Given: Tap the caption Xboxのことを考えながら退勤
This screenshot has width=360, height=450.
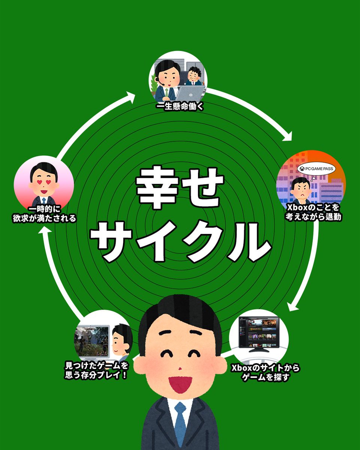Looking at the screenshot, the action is pyautogui.click(x=313, y=212).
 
